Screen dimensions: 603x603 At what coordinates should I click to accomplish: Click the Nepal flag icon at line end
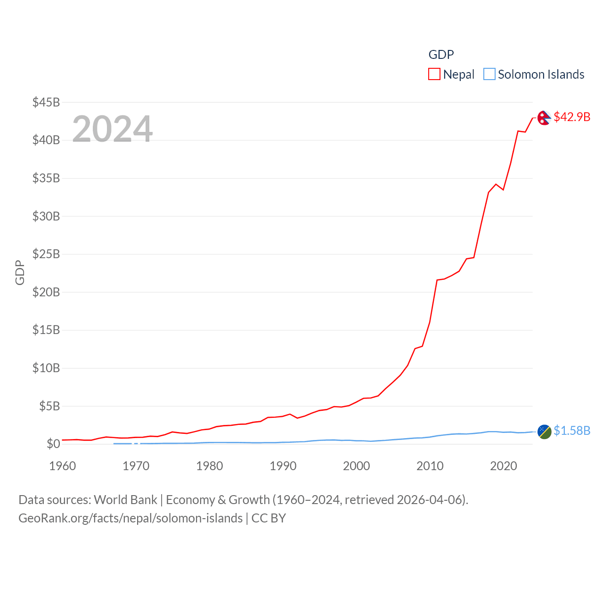click(x=544, y=118)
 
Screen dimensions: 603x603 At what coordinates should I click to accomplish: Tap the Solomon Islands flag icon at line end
click(x=544, y=432)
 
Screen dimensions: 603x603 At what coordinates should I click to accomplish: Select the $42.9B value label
click(x=572, y=117)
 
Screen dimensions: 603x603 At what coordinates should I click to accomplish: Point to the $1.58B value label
click(x=572, y=431)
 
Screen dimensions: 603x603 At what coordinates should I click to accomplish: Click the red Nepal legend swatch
click(x=434, y=74)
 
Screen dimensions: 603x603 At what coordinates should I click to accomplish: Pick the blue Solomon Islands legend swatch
click(x=489, y=74)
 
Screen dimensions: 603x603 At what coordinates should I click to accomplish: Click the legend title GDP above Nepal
click(x=441, y=55)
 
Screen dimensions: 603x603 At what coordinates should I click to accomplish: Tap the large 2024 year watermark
click(x=113, y=129)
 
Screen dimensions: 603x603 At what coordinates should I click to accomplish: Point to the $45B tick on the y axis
click(x=46, y=102)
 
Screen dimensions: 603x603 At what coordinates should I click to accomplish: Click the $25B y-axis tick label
click(x=46, y=254)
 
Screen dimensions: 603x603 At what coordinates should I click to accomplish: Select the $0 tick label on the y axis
click(x=53, y=444)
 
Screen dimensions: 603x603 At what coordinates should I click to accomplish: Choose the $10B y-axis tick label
click(x=46, y=368)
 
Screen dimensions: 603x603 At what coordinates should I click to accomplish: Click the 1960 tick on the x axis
click(x=63, y=466)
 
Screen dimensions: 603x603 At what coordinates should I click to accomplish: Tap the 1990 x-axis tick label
click(x=283, y=466)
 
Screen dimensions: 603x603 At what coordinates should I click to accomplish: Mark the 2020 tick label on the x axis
click(x=504, y=466)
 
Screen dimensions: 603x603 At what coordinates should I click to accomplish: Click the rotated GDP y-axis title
click(x=20, y=272)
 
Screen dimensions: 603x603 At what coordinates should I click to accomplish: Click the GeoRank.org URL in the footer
click(x=130, y=518)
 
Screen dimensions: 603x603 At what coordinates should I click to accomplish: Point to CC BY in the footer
click(x=269, y=518)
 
